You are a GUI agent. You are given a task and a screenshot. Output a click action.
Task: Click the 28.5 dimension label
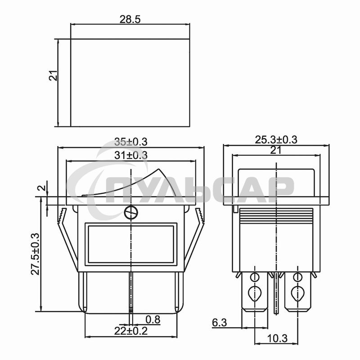click(130, 19)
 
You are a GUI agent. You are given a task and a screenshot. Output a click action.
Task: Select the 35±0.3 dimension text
click(131, 142)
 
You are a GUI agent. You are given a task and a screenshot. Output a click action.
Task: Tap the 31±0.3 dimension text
click(131, 155)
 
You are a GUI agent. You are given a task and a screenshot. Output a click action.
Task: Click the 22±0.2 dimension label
click(131, 331)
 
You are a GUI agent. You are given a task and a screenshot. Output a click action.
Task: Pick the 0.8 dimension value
click(153, 319)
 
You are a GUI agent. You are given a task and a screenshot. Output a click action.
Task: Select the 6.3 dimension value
click(219, 323)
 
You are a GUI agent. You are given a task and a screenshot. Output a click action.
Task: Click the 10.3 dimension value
click(277, 338)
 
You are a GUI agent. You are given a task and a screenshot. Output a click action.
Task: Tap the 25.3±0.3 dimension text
click(276, 139)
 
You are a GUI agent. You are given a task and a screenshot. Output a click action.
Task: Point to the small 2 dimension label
click(42, 188)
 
